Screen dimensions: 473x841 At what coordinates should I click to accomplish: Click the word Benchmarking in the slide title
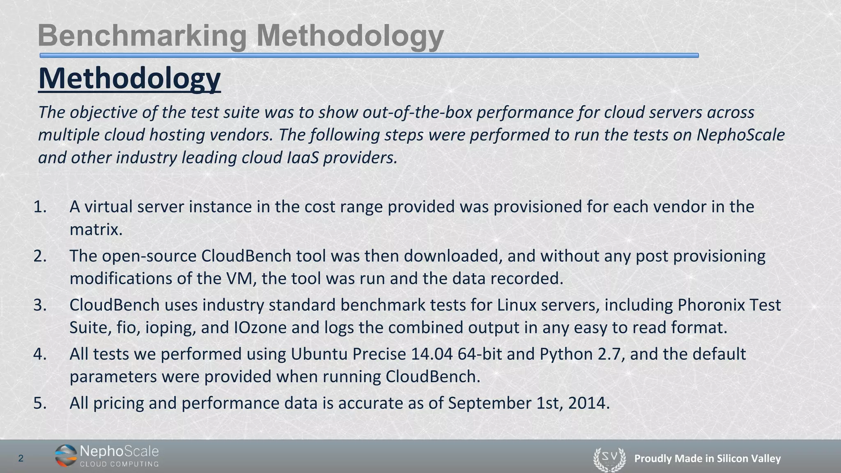(x=142, y=36)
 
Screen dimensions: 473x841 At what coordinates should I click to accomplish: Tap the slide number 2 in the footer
(x=21, y=459)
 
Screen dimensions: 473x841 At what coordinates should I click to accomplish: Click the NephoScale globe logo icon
(x=66, y=456)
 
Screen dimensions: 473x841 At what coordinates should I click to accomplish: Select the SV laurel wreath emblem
(x=609, y=459)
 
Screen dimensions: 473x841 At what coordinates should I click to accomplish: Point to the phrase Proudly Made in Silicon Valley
(x=707, y=459)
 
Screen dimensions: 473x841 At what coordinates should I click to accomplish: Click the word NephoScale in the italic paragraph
(x=740, y=135)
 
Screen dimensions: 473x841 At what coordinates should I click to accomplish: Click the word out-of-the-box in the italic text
(x=417, y=112)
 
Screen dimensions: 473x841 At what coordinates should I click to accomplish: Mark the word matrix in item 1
(x=96, y=229)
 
